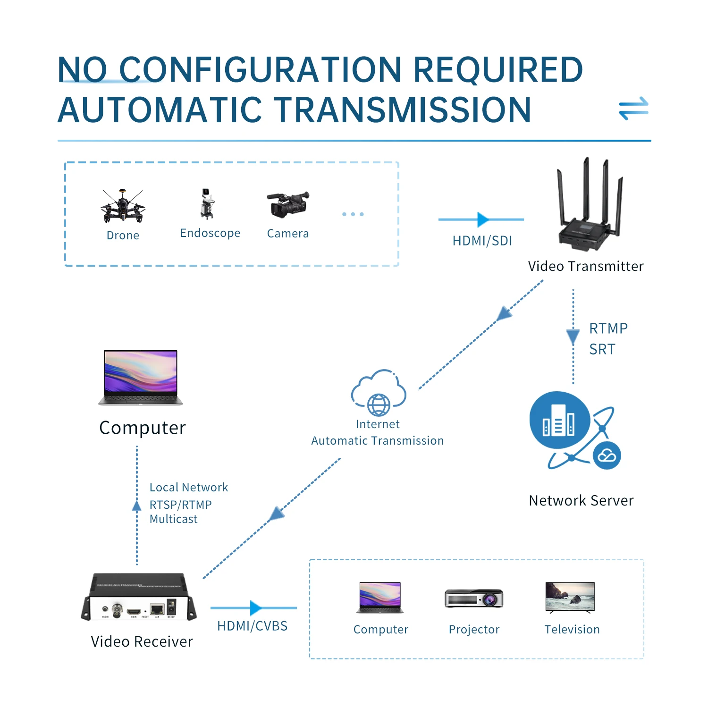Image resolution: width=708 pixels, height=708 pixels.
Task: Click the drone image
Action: pos(123,206)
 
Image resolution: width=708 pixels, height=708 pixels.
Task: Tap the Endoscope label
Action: pos(210,233)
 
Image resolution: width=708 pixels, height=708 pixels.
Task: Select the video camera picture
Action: pos(288,204)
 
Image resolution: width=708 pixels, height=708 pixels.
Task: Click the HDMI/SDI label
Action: pos(482,241)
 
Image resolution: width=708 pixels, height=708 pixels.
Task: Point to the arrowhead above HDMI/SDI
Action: pos(482,219)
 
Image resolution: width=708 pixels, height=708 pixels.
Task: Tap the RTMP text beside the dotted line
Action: pos(608,328)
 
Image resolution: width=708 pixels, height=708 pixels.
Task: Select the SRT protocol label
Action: pos(602,349)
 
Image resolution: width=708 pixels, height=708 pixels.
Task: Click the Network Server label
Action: pos(581,500)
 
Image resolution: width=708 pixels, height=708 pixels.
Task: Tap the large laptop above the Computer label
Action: pos(141,377)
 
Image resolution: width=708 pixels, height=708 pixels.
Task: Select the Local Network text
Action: pos(189,487)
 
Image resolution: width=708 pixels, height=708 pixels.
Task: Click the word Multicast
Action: pos(173,519)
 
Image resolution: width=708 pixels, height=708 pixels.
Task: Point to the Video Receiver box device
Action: pos(139,597)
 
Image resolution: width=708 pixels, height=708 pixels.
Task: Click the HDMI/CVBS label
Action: pos(252,626)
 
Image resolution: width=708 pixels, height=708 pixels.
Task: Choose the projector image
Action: pos(474,598)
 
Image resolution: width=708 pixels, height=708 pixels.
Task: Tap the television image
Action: pos(570,597)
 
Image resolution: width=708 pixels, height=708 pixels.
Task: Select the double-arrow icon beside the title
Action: pos(634,109)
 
